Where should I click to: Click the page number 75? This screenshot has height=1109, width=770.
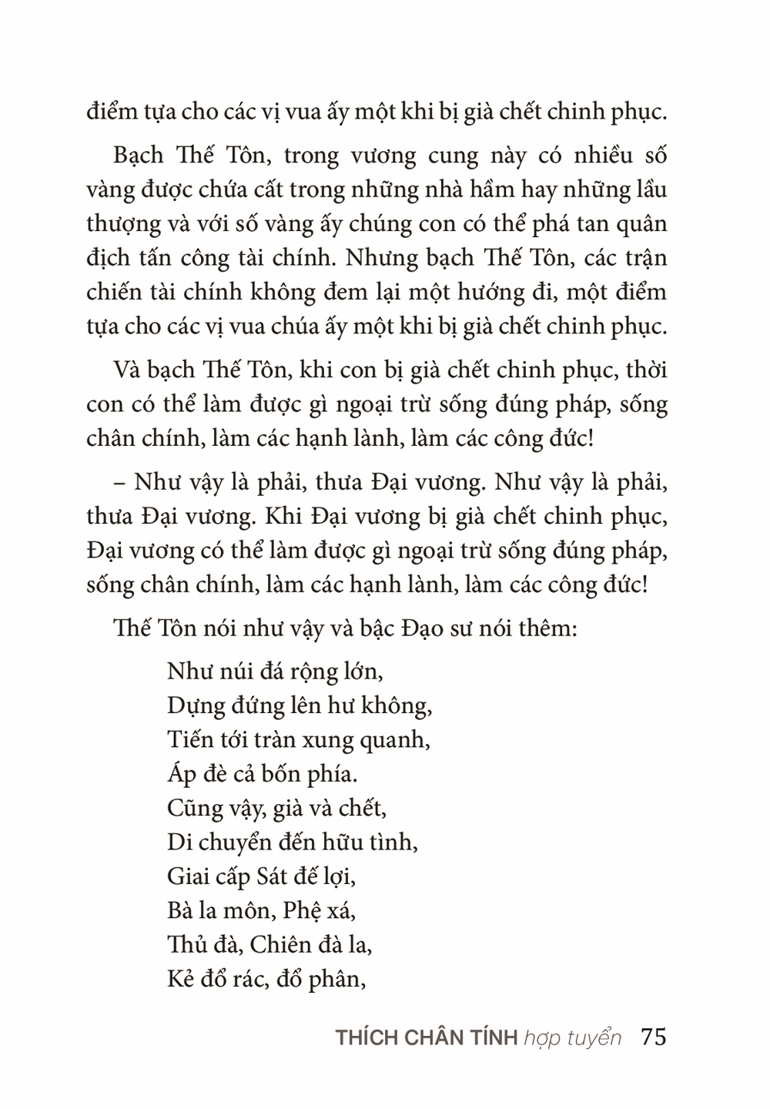653,1037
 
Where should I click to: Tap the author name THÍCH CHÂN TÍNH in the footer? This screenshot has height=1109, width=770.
426,1037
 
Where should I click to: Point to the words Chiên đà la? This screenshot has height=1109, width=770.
312,944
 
